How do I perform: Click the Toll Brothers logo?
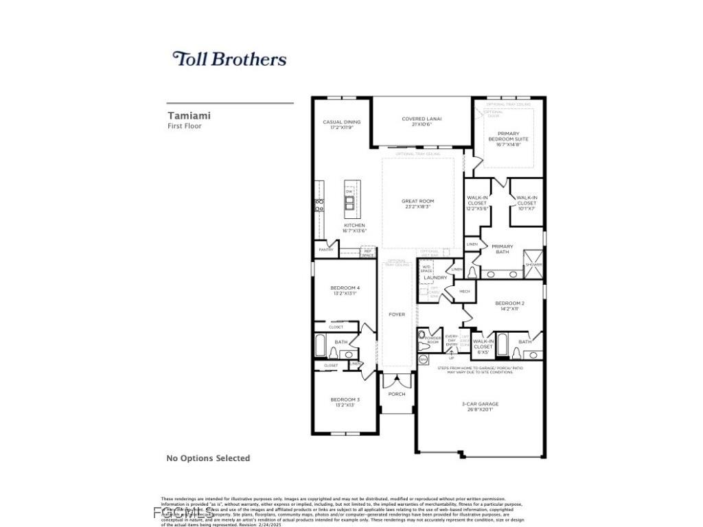tap(229, 59)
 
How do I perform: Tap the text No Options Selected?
tap(208, 458)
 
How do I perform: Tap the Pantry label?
tap(326, 250)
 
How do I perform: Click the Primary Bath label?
tap(502, 249)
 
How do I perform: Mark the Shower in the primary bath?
tap(533, 264)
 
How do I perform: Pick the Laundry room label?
tap(435, 277)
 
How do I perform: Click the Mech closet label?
tap(465, 292)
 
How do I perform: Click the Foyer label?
tap(397, 314)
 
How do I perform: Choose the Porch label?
tap(397, 394)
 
